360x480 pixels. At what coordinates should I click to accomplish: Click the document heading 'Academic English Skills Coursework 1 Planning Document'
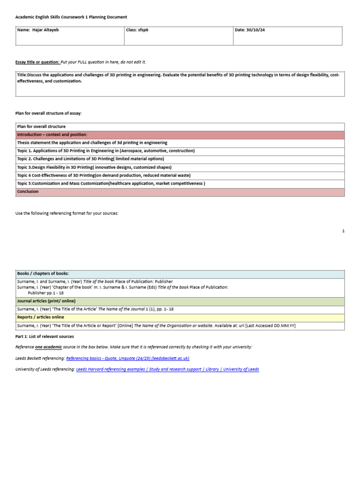point(71,17)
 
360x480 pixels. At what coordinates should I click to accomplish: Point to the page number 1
point(343,231)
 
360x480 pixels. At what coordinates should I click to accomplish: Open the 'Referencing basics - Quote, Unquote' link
point(127,358)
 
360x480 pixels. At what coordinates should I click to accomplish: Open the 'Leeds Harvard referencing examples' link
point(167,369)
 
